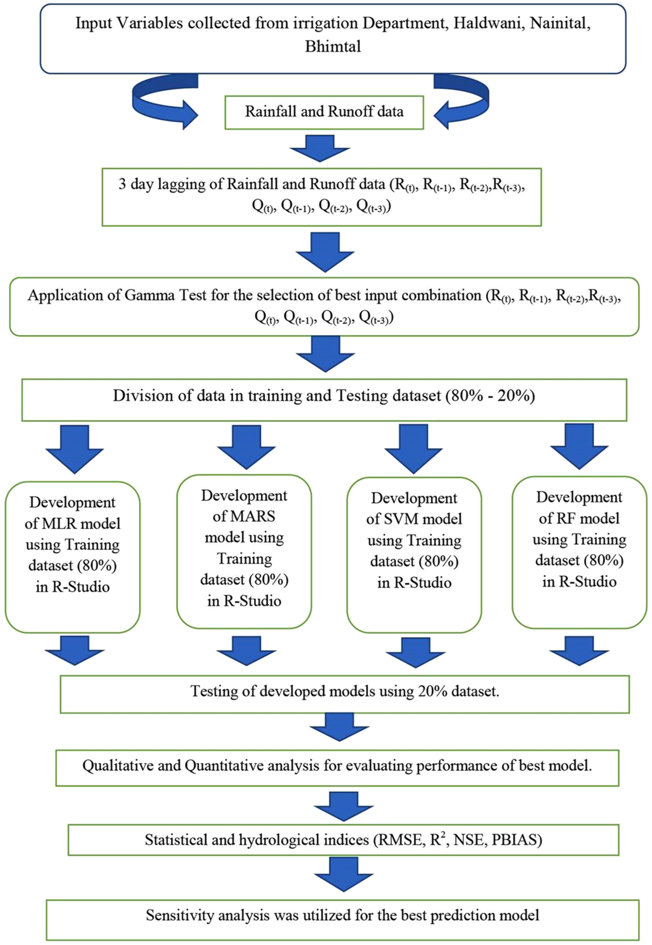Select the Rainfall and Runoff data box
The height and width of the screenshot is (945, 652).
pos(324,112)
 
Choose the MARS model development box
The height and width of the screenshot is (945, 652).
pos(244,551)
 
